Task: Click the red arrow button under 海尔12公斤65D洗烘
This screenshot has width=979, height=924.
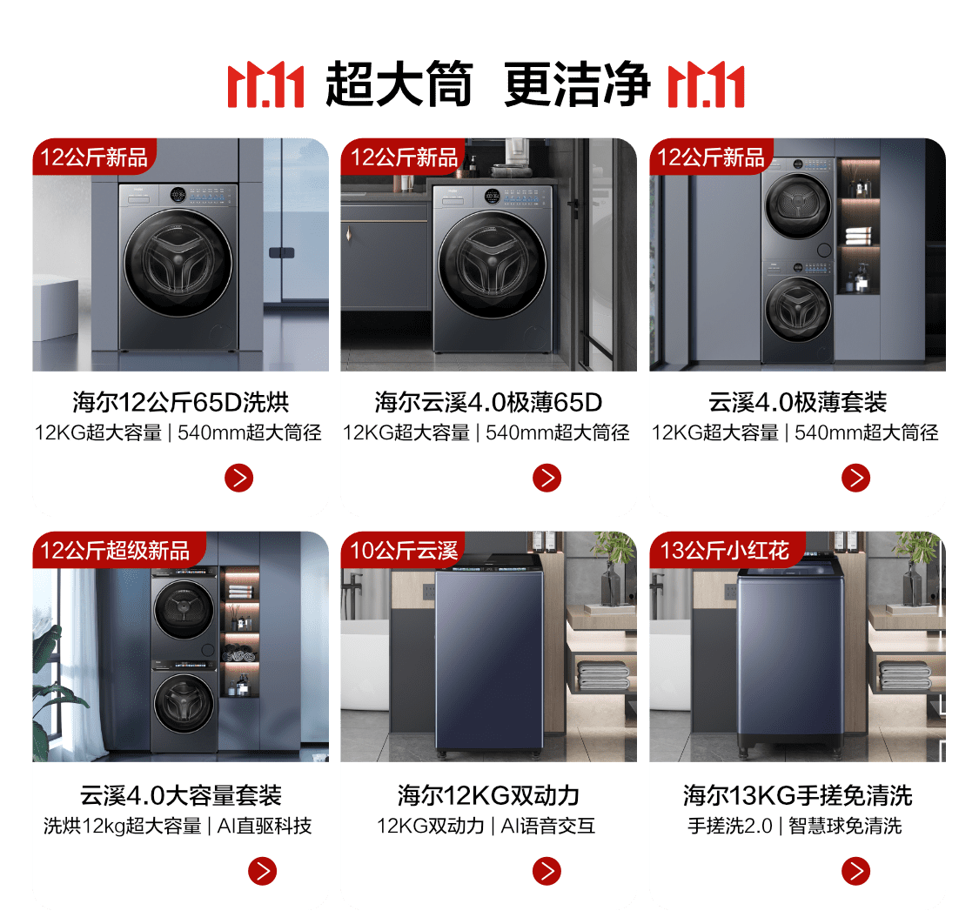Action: click(238, 479)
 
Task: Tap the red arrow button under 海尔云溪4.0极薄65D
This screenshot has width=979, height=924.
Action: click(547, 479)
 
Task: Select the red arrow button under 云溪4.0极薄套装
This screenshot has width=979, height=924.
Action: click(855, 479)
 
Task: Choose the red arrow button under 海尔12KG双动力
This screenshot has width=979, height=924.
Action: click(547, 871)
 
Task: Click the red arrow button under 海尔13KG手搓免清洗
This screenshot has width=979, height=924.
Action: click(855, 871)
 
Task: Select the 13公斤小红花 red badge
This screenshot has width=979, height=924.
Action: click(726, 550)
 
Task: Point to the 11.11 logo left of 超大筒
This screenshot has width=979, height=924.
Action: click(266, 85)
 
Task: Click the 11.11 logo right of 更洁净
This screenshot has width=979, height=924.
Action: click(706, 85)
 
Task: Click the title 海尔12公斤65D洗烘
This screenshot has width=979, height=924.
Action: click(180, 402)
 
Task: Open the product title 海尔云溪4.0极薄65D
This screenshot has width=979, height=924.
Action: click(488, 402)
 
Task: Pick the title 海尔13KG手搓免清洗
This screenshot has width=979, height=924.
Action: click(797, 795)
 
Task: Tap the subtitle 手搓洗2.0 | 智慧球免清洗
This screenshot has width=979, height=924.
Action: click(795, 826)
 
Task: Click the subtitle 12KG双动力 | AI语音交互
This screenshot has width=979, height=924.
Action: click(486, 826)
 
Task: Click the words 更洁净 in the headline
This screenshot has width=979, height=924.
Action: click(577, 84)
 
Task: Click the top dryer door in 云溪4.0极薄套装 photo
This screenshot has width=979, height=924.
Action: click(798, 206)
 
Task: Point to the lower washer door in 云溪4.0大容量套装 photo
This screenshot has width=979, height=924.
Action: click(184, 703)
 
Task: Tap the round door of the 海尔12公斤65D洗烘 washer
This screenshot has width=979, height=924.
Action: click(178, 263)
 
